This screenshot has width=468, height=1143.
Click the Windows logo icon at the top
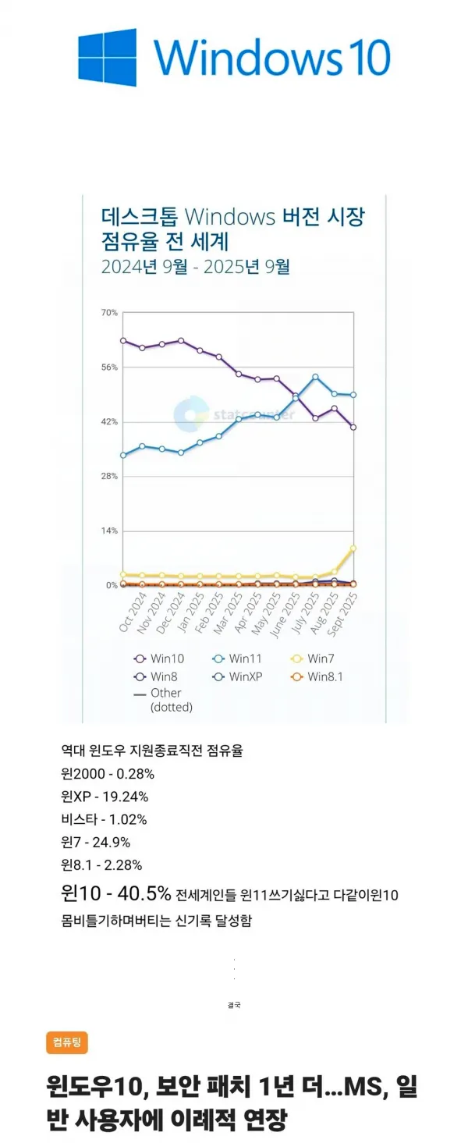click(108, 57)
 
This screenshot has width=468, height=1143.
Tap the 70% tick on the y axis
click(108, 313)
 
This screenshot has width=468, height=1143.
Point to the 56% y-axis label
click(108, 367)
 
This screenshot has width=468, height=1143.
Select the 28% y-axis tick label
click(108, 476)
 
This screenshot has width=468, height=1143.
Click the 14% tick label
click(108, 531)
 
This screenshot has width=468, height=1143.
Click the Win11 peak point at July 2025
click(315, 378)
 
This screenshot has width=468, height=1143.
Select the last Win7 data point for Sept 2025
click(353, 548)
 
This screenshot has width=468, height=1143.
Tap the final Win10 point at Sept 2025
click(353, 427)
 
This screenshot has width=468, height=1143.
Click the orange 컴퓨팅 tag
click(67, 1042)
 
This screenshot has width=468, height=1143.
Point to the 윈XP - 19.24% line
click(104, 797)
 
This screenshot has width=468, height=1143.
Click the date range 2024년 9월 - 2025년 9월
click(195, 267)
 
